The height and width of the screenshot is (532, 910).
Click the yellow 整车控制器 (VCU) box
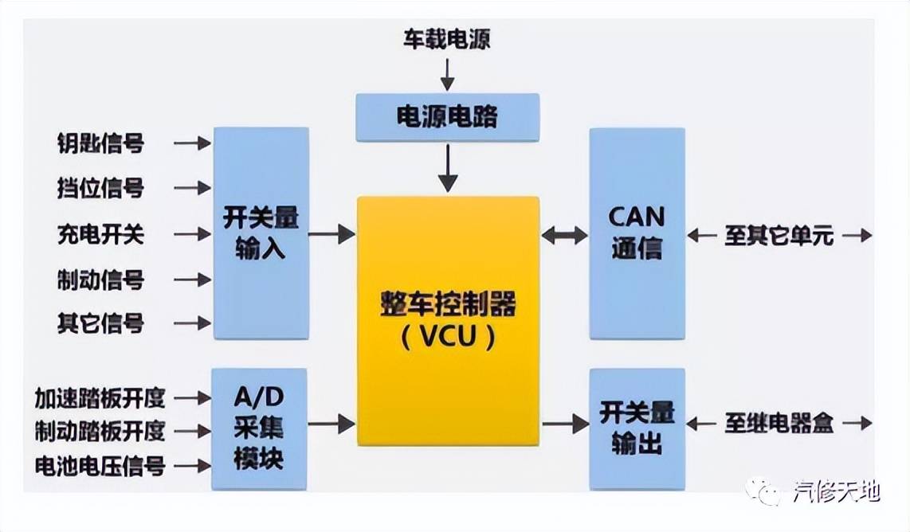(448, 320)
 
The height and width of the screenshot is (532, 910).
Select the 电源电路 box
(447, 118)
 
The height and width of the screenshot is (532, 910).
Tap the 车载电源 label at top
(446, 39)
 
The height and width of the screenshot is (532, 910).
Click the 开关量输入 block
(261, 233)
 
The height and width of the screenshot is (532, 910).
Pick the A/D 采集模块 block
(259, 428)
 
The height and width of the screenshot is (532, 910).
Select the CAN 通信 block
(637, 233)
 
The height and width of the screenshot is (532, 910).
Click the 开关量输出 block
(637, 428)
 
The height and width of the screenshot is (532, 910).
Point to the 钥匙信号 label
(100, 143)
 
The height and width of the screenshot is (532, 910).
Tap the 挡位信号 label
(100, 188)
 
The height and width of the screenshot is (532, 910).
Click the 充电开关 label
(100, 234)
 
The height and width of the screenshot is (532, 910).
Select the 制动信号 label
(100, 280)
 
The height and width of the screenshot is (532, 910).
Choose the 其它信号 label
(100, 323)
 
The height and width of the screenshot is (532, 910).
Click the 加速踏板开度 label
(100, 397)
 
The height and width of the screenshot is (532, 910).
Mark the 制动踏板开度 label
(100, 431)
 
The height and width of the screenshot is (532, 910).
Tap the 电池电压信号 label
(100, 465)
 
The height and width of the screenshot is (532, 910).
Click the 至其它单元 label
(779, 236)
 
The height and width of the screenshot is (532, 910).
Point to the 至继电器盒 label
(779, 424)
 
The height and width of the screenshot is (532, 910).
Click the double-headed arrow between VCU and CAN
(564, 235)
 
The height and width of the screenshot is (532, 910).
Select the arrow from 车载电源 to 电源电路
(447, 74)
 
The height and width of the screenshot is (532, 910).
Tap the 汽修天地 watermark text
(836, 492)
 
